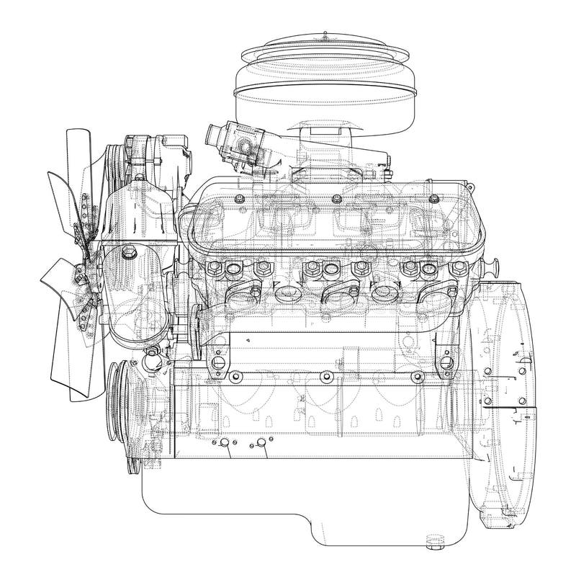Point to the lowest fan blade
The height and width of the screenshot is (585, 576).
tap(78, 375)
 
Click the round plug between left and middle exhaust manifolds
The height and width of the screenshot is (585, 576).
tap(285, 293)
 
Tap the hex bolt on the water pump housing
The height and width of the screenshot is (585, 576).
tap(128, 253)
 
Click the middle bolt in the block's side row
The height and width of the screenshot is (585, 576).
tap(325, 377)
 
